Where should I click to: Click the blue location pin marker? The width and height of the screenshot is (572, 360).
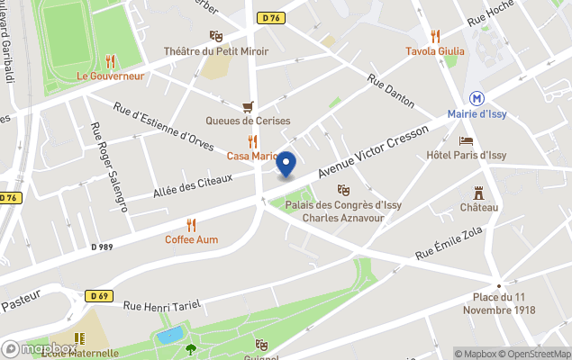[x=286, y=165]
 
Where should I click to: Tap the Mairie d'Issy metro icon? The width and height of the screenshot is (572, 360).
[x=477, y=98]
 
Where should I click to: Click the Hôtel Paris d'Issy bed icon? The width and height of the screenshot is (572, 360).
[x=466, y=140]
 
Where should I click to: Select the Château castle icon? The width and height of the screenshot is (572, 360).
[x=478, y=193]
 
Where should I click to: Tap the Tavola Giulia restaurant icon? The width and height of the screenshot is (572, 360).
[x=435, y=36]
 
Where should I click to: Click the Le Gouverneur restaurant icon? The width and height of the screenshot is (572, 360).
[x=110, y=61]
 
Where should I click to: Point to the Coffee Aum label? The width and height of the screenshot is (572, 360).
[x=191, y=239]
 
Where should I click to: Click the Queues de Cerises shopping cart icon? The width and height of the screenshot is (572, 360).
[x=248, y=106]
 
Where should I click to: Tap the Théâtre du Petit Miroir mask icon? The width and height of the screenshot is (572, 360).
[x=215, y=36]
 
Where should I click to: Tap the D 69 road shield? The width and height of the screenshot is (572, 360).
[x=98, y=295]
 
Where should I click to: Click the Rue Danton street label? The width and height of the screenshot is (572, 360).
[x=392, y=91]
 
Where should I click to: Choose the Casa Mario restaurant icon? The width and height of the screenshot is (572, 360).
[x=253, y=141]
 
